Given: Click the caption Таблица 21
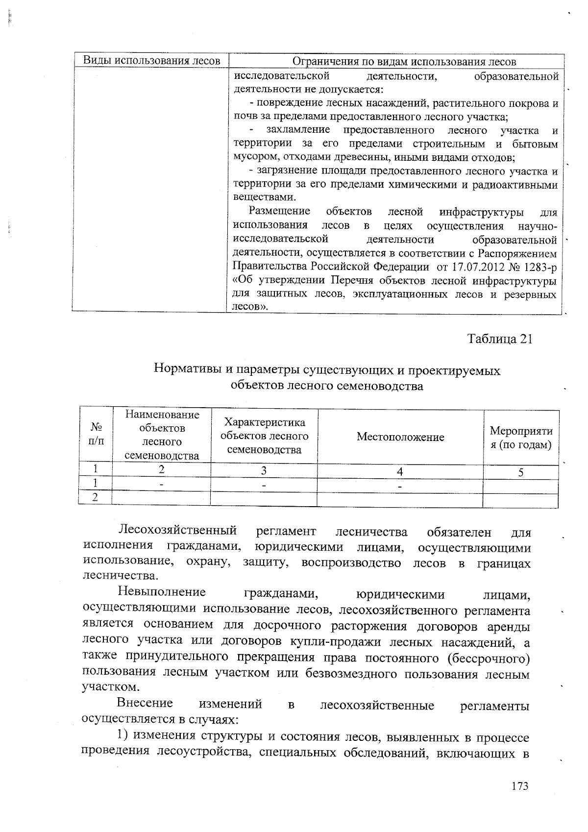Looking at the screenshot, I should (x=499, y=339).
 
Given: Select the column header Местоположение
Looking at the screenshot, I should (x=400, y=437).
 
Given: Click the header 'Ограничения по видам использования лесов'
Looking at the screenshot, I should (x=404, y=61).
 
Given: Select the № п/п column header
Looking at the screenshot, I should (x=96, y=434).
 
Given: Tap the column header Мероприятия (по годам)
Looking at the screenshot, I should (x=521, y=438).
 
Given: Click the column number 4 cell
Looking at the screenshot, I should (x=400, y=472).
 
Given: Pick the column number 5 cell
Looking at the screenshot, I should (x=520, y=472).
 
